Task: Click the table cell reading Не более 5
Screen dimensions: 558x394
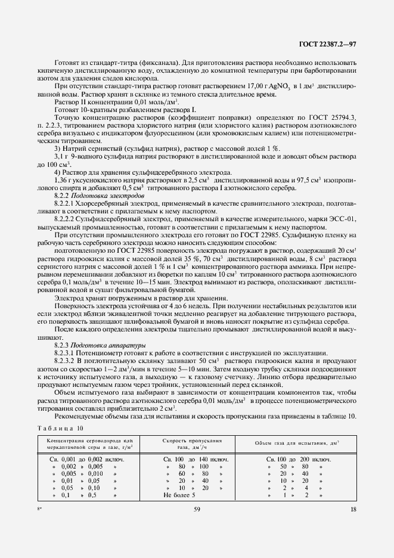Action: [x=179, y=495]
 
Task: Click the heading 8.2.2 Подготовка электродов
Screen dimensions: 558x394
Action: [x=99, y=195]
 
